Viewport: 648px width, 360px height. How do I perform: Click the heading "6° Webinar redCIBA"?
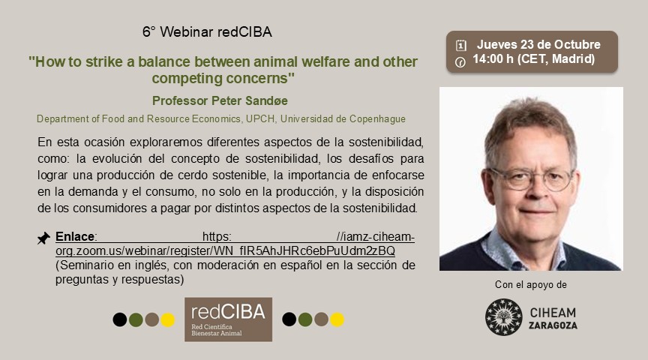coord(207,32)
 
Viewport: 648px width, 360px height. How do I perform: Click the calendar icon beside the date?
coord(461,45)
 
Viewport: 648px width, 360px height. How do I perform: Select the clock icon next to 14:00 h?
coord(461,61)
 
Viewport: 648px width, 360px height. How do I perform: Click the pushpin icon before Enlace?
coord(43,238)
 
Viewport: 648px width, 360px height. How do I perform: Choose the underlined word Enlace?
coord(74,236)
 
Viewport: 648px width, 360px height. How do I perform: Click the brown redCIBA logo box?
coord(228,319)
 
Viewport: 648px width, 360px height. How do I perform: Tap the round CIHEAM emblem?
coord(503,316)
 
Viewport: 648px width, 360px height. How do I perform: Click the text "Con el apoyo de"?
coord(531,284)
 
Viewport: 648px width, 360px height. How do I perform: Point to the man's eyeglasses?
coord(532,178)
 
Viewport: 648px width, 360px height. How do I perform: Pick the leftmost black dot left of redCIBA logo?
coord(119,319)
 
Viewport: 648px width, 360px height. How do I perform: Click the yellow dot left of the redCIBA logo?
coord(168,319)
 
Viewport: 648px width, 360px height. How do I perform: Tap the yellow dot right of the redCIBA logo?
coord(337,319)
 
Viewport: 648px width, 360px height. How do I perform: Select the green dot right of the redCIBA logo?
coord(305,319)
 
